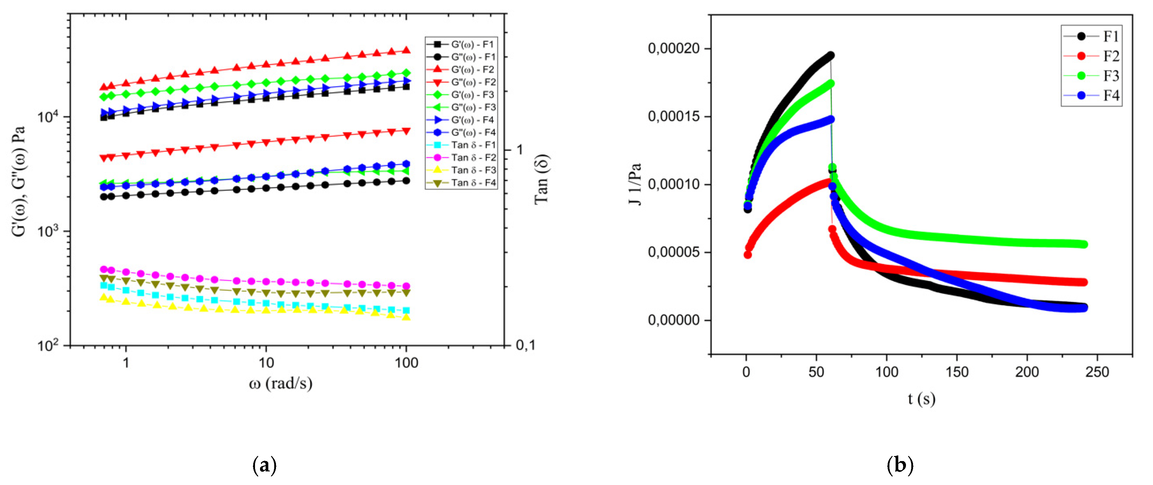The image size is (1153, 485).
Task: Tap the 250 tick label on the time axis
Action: pos(1097,372)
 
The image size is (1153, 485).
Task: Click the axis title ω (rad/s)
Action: pos(281,383)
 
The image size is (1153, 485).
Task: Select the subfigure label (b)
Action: pos(900,466)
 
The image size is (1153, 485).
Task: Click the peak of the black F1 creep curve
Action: pos(830,56)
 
